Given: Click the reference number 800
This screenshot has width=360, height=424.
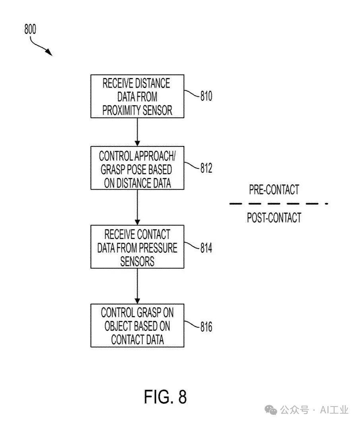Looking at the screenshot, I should click(30, 29).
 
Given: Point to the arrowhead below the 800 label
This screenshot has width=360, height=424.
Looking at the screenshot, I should click(49, 53).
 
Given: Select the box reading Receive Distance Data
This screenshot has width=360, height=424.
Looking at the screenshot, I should click(137, 96).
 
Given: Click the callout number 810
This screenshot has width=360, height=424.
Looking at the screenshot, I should click(206, 96).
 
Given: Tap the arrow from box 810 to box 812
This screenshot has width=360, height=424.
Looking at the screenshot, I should click(137, 132).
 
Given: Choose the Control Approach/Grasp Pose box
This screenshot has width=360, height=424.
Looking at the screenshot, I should click(137, 168).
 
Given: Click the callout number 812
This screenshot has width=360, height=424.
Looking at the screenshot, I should click(206, 168).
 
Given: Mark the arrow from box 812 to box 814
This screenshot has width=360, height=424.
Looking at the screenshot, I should click(137, 207).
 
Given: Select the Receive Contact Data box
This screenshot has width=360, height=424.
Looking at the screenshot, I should click(137, 247).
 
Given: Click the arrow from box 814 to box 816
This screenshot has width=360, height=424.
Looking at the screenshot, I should click(137, 286).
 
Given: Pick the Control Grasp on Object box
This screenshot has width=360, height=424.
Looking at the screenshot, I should click(137, 326).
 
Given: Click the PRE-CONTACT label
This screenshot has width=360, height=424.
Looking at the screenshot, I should click(274, 190).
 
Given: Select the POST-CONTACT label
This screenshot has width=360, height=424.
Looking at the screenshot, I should click(274, 218).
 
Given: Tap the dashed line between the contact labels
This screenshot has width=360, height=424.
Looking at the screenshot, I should click(278, 203).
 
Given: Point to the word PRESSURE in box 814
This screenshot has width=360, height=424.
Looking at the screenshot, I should click(158, 248).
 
